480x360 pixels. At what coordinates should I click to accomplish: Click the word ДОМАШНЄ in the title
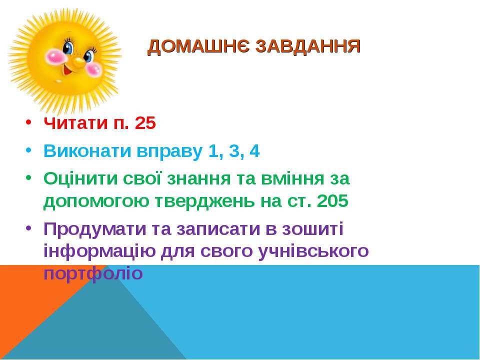[x=198, y=47]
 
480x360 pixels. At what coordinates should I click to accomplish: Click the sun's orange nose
[x=78, y=61]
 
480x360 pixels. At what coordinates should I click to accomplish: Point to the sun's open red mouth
[x=67, y=71]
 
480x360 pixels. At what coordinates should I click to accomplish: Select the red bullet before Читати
[x=28, y=122]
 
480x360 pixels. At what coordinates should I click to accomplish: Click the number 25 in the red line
[x=145, y=123]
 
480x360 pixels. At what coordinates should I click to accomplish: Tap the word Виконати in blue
[x=87, y=151]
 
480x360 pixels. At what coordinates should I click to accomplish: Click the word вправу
[x=169, y=152]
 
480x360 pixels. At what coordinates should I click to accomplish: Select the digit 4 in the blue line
[x=254, y=150]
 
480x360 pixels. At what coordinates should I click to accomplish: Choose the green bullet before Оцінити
[x=28, y=177]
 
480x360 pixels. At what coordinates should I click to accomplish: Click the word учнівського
[x=313, y=251]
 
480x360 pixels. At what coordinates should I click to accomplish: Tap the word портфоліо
[x=93, y=273]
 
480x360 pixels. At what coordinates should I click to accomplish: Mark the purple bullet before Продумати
[x=28, y=228]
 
